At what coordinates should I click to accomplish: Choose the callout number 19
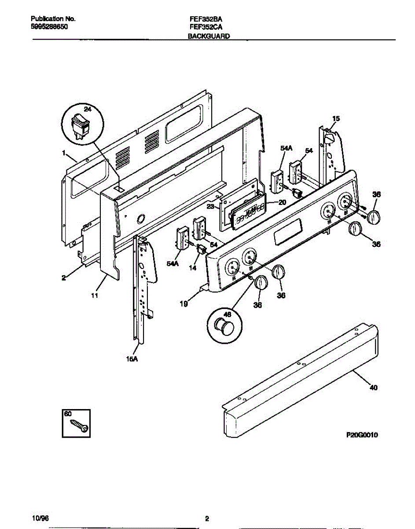click(184, 304)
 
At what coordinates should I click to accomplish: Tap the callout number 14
click(193, 268)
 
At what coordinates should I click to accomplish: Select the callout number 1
click(64, 153)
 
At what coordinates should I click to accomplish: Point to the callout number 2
click(64, 278)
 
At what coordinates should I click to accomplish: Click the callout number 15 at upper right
click(336, 119)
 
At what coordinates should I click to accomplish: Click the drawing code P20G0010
click(362, 435)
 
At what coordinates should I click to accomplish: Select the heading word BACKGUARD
click(209, 36)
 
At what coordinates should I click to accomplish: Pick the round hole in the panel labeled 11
click(141, 219)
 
